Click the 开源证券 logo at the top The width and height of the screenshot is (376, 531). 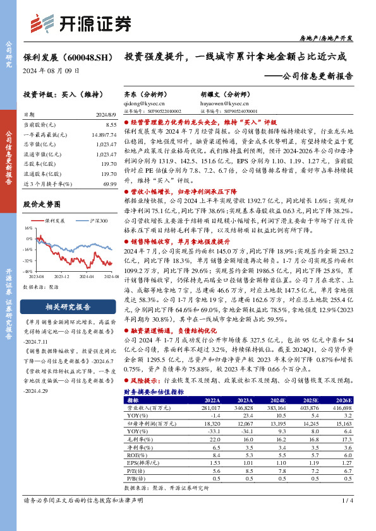pyautogui.click(x=80, y=23)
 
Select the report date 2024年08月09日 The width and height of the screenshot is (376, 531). pyautogui.click(x=48, y=70)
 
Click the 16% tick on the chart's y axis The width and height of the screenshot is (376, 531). pyautogui.click(x=28, y=228)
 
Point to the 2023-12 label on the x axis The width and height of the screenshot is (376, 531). pyautogui.click(x=61, y=276)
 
